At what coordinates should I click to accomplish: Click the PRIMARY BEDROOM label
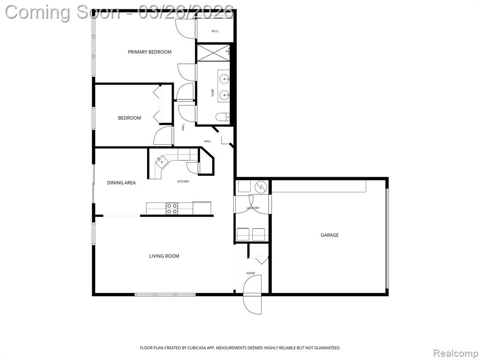pos(150,52)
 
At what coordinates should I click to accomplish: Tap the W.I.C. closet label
pos(215,31)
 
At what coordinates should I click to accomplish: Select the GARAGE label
pos(330,235)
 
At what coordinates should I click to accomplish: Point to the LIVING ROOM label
pos(164,256)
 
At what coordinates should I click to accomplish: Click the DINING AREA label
pos(121,183)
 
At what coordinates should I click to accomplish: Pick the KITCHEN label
pos(183,181)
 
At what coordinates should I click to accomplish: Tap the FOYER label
pos(250,273)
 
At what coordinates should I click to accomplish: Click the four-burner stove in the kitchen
pos(172,209)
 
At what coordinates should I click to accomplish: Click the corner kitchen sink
pos(160,161)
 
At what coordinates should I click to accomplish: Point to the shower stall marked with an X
pos(213,52)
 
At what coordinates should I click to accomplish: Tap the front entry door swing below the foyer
pos(252,294)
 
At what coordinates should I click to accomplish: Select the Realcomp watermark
pos(456,353)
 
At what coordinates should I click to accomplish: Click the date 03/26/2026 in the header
pos(186,12)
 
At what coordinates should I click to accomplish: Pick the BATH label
pos(212,93)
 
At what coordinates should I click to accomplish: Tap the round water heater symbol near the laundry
pos(261,187)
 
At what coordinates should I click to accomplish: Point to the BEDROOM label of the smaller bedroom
pos(129,118)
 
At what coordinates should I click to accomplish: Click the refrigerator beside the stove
pos(202,208)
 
